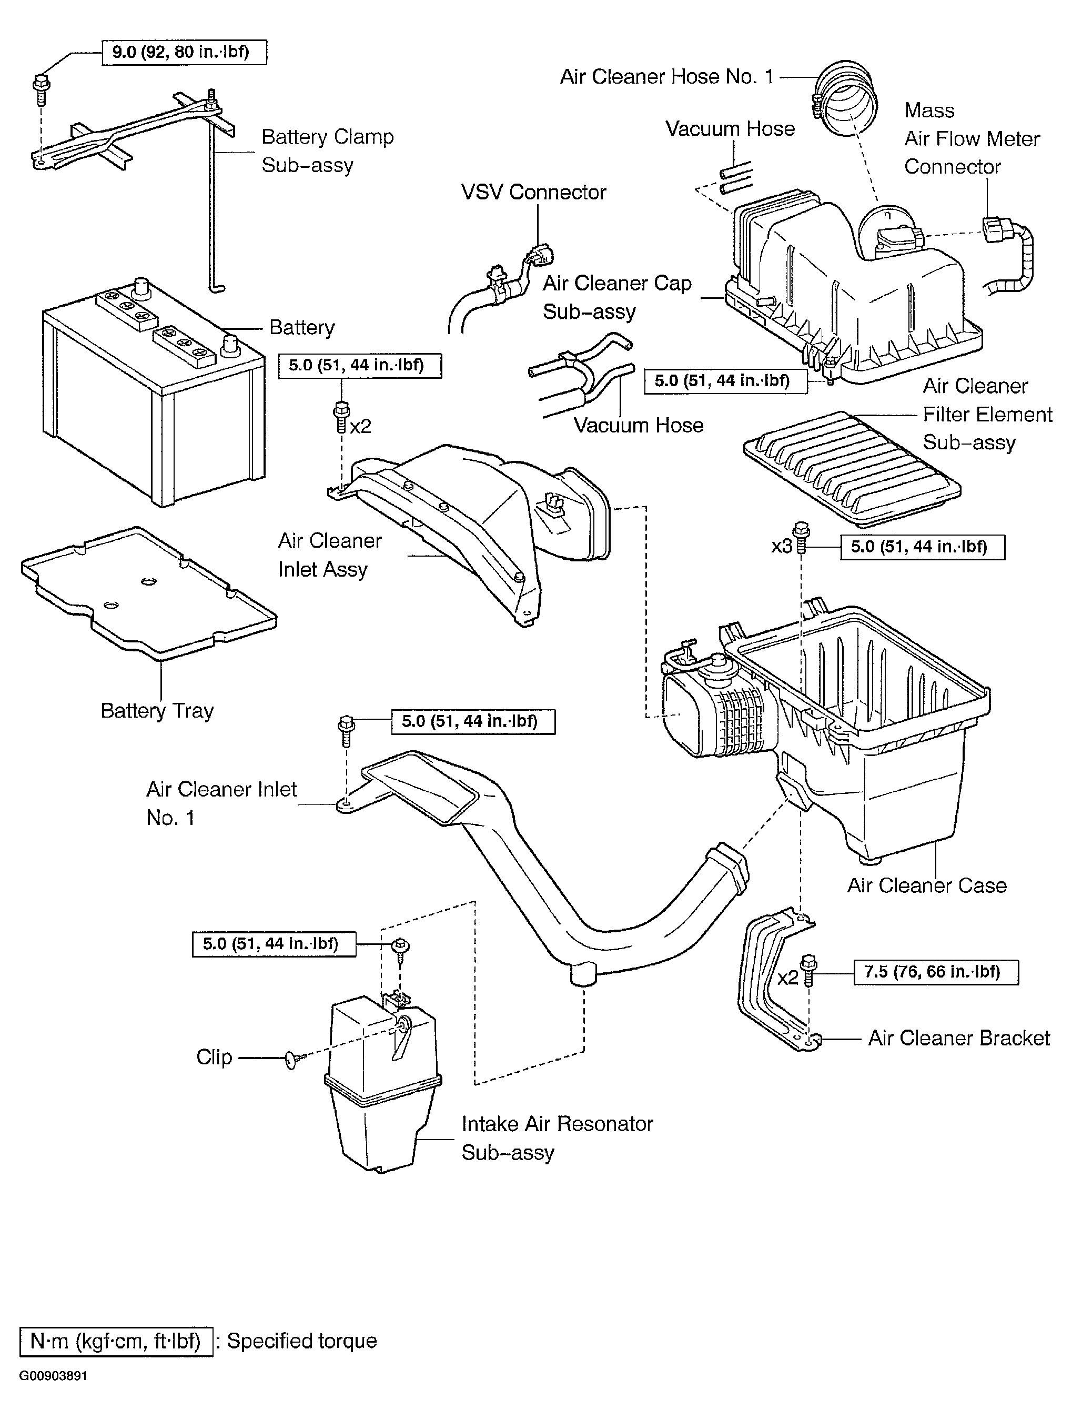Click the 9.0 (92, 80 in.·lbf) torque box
coord(184,52)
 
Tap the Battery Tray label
coord(157,711)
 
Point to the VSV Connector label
coord(533,192)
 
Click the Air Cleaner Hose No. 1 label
coord(667,76)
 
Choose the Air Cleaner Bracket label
coord(959,1038)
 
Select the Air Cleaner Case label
coord(927,885)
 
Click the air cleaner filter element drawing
coord(852,464)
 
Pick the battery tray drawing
coord(149,594)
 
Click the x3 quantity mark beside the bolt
coord(781,547)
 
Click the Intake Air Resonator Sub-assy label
coord(557,1137)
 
